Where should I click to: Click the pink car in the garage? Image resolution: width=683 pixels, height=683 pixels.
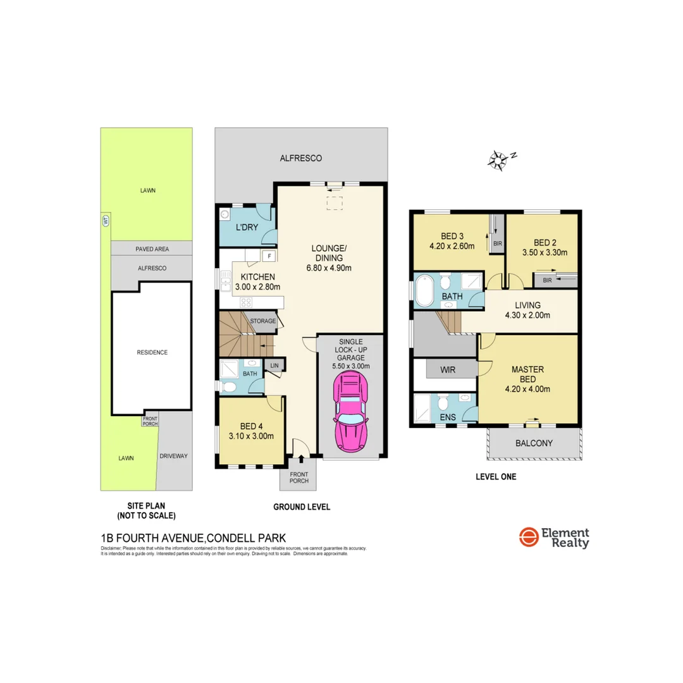click(350, 411)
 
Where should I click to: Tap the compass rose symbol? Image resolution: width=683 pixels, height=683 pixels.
click(499, 161)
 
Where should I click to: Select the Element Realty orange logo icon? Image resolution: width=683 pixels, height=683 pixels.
click(528, 538)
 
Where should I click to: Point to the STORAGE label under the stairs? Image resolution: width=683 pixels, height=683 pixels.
click(262, 321)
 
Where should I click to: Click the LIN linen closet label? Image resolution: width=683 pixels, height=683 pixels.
click(274, 366)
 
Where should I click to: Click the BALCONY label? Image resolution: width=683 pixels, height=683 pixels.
click(534, 443)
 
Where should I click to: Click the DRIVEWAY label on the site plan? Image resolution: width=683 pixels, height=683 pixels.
click(175, 455)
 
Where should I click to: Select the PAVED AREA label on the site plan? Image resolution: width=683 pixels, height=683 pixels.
click(152, 249)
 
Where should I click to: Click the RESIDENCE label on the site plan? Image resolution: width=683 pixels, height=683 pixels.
click(152, 352)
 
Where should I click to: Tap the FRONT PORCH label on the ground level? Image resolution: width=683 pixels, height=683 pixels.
click(299, 477)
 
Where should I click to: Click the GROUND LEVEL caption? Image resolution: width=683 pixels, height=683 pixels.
click(302, 507)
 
